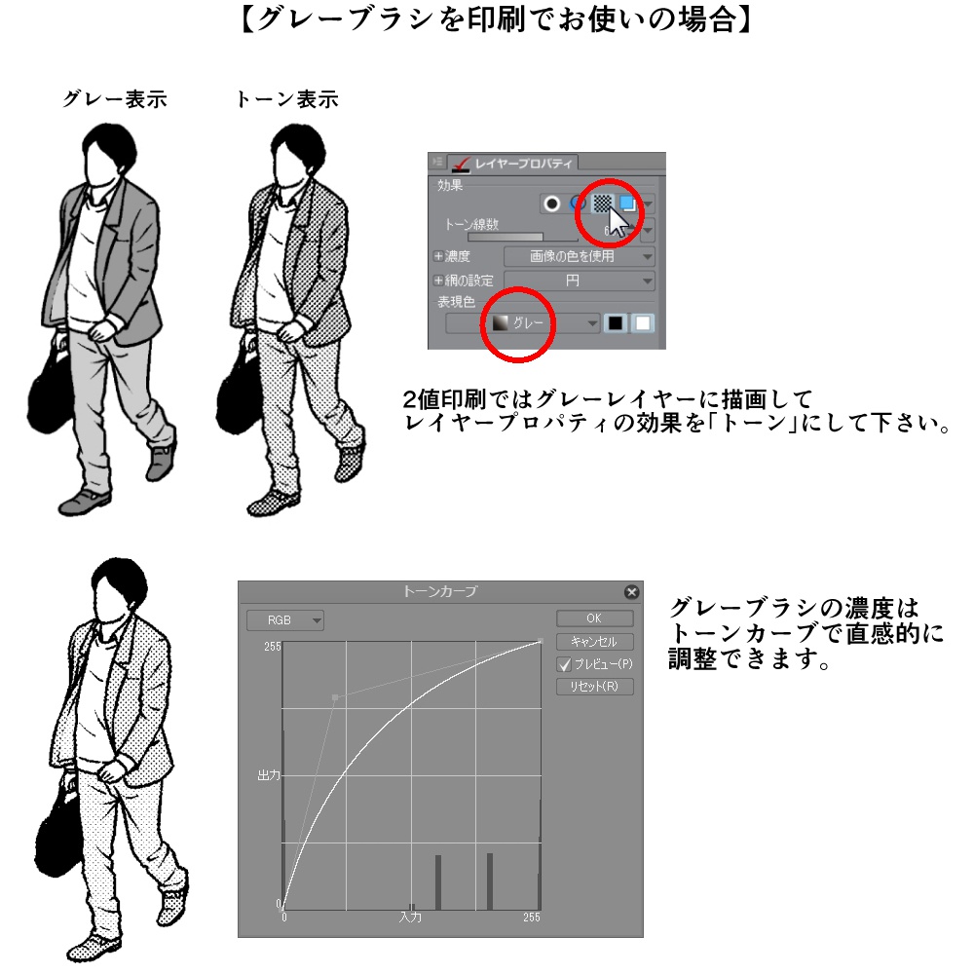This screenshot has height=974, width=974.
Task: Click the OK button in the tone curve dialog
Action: [594, 618]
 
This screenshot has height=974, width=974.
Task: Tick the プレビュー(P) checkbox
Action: [564, 664]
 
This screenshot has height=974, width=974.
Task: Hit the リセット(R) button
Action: [594, 687]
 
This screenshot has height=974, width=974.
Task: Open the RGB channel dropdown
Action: [284, 620]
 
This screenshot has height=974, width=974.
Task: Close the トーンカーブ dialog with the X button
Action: [631, 591]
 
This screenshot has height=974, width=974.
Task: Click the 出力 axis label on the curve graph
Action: [268, 775]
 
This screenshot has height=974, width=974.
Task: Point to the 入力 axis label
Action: [410, 918]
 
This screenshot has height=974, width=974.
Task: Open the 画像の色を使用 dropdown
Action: [579, 257]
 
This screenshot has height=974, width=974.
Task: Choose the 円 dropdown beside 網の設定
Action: [579, 281]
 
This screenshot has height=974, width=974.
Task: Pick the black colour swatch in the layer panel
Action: [615, 323]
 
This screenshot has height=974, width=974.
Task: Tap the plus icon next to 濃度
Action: [437, 257]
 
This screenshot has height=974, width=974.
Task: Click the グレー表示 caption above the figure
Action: [114, 99]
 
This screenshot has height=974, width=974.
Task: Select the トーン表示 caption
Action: [287, 99]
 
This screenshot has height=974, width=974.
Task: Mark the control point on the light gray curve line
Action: [335, 697]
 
